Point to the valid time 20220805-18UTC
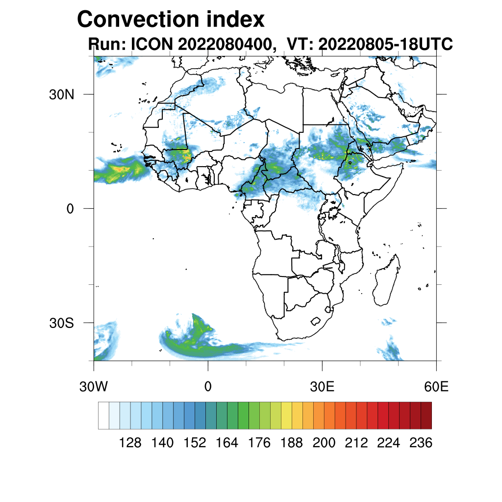tap(385, 44)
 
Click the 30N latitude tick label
tap(61, 94)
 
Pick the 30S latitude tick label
tap(62, 323)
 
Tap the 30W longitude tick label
tap(94, 386)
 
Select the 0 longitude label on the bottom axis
tap(208, 386)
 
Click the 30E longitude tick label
tap(322, 386)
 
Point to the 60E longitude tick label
tap(436, 386)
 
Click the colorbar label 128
tap(130, 443)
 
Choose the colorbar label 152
tap(195, 443)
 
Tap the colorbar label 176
tap(259, 443)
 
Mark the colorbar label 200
tap(324, 443)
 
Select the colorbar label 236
tap(421, 443)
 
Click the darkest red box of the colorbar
tap(426, 415)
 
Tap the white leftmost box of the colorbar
tap(103, 415)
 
